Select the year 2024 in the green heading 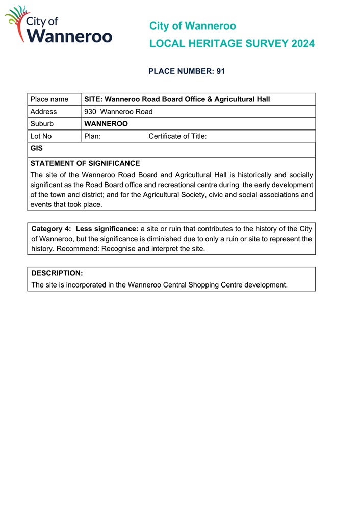click(x=303, y=44)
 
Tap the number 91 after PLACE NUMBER click(x=220, y=71)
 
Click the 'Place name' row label click(x=49, y=99)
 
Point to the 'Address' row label click(x=43, y=112)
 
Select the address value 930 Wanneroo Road click(x=118, y=112)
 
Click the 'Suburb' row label click(x=42, y=124)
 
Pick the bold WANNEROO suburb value click(x=106, y=124)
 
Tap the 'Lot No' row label click(x=41, y=136)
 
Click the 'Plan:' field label click(x=92, y=136)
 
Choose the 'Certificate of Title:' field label click(x=177, y=136)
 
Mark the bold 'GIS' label click(x=36, y=149)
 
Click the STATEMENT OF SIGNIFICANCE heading click(x=85, y=163)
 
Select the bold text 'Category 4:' click(x=51, y=229)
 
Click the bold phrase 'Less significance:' click(x=107, y=229)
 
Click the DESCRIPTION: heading click(x=57, y=273)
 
